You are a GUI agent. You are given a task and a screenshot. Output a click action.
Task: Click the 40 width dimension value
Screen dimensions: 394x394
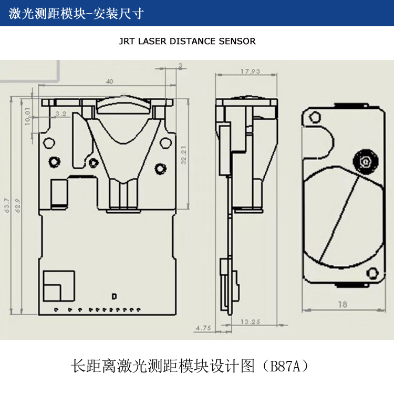[x=109, y=81]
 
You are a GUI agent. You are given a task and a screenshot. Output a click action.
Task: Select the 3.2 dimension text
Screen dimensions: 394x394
[x=60, y=113]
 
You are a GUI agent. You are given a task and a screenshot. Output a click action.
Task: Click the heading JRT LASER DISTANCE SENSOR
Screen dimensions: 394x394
[x=188, y=41]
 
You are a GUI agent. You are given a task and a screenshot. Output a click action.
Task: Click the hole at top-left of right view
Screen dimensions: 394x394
[x=315, y=117]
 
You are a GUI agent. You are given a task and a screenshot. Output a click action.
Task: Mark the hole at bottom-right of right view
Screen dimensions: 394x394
[x=372, y=272]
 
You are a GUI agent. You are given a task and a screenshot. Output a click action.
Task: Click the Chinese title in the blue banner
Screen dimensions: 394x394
[x=77, y=13]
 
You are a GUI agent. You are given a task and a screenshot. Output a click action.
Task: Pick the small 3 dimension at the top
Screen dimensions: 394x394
[x=180, y=65]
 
